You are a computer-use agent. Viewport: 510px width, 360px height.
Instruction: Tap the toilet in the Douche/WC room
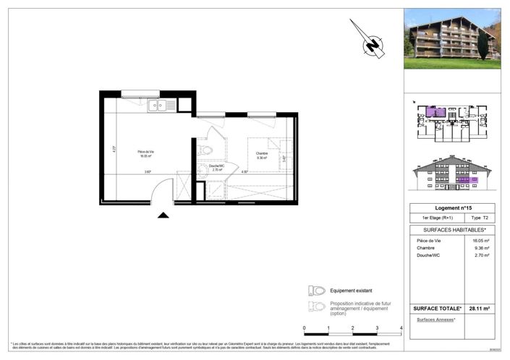pos(205,150)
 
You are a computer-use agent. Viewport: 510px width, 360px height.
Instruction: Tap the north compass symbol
pos(373,46)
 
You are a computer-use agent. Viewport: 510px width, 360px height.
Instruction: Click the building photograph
pos(451,39)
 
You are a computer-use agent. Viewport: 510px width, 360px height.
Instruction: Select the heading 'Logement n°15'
pos(452,207)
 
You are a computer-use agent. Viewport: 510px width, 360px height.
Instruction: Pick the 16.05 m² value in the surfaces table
pos(479,239)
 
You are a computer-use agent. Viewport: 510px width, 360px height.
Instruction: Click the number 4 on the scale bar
pos(400,327)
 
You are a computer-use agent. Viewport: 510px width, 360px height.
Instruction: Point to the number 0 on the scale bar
pos(305,327)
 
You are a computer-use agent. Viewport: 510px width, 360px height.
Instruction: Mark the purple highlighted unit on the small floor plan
pos(435,112)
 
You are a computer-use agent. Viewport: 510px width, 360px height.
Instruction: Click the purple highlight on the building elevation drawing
pos(467,180)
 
